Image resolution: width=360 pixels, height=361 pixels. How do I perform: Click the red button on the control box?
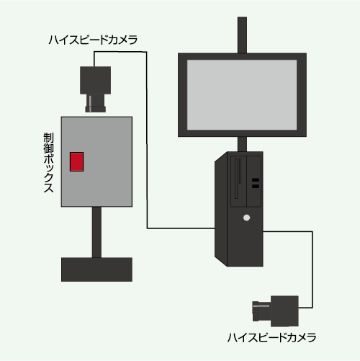tap(76, 161)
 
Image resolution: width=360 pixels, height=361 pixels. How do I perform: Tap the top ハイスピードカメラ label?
tap(93, 40)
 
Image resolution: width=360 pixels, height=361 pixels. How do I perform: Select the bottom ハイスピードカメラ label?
tap(271, 337)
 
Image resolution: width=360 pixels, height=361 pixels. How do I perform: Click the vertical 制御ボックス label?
tap(48, 163)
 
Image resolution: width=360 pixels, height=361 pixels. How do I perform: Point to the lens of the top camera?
tap(96, 103)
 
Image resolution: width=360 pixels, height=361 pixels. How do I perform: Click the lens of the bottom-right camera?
tap(261, 311)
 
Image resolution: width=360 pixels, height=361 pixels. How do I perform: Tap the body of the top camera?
tap(95, 80)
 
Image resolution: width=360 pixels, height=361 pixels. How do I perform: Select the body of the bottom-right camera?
tap(284, 311)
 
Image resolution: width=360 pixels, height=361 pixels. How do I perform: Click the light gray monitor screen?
tap(242, 95)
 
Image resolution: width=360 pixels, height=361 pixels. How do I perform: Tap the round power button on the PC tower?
tap(246, 218)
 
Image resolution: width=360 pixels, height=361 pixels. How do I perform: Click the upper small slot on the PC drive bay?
tap(256, 180)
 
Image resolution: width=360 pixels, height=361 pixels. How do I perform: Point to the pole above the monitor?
tap(242, 35)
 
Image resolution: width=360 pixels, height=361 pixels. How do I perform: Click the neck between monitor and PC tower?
tap(242, 144)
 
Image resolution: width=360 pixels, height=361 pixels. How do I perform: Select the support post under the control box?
tap(96, 232)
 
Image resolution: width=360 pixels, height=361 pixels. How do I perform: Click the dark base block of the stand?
tap(96, 269)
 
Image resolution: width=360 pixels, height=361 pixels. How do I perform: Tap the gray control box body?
tap(96, 161)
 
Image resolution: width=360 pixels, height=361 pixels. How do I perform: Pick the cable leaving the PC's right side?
tap(312, 269)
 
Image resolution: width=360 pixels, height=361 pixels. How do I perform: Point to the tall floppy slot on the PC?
tap(236, 179)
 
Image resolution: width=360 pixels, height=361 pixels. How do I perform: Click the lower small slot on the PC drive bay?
tap(256, 186)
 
